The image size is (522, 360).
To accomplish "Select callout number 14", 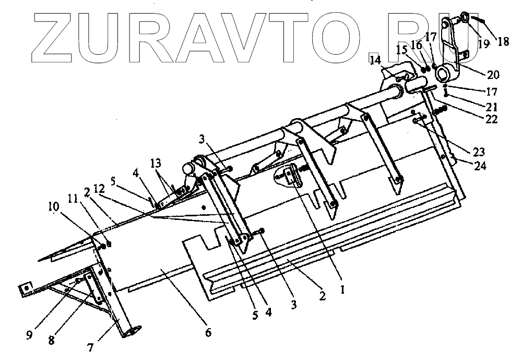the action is pos(376,60).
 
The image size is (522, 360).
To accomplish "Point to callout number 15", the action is pos(402,50).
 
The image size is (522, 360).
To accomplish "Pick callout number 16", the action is pos(417,44).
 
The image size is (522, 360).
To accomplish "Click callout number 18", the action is pos(503,41).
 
